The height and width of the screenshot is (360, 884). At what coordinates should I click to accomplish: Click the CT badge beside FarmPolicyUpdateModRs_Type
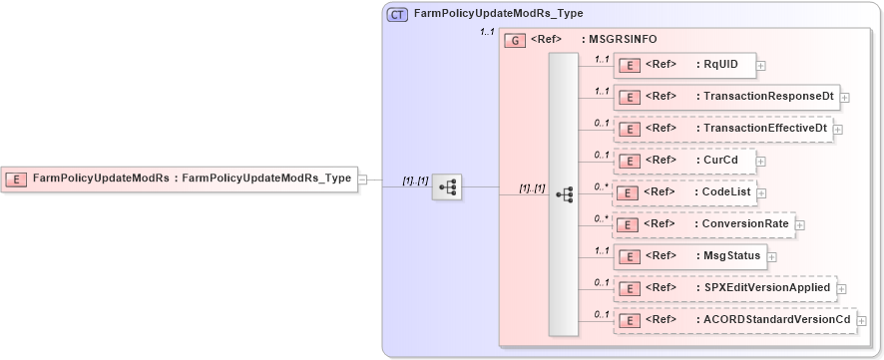(x=397, y=14)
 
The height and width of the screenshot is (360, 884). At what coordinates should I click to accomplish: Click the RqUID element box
(x=683, y=65)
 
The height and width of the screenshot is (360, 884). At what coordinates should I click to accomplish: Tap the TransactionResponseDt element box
(x=725, y=97)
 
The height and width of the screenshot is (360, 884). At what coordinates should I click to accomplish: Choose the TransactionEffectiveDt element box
(x=722, y=129)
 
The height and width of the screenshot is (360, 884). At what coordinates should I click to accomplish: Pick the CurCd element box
(x=683, y=161)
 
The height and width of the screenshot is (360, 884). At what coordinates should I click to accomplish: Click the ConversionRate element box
(x=702, y=224)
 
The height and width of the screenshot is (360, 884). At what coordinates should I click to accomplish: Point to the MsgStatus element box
(x=689, y=256)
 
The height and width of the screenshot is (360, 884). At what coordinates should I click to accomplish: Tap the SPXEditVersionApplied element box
(x=723, y=288)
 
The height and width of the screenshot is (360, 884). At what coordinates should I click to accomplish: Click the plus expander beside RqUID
(x=761, y=66)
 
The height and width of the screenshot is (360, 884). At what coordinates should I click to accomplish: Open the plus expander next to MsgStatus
(x=773, y=257)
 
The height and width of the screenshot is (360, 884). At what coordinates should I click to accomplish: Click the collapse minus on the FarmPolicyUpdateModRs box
(x=362, y=180)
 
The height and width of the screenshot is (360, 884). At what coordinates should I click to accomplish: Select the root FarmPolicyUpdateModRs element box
(x=180, y=180)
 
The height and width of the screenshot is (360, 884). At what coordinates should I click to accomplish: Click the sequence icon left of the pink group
(x=446, y=186)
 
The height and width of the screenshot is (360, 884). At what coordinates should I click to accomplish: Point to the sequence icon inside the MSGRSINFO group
(x=564, y=193)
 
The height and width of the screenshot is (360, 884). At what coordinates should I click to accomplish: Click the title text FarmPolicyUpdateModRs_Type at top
(x=498, y=14)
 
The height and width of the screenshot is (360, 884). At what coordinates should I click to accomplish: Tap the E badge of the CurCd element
(x=630, y=161)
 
